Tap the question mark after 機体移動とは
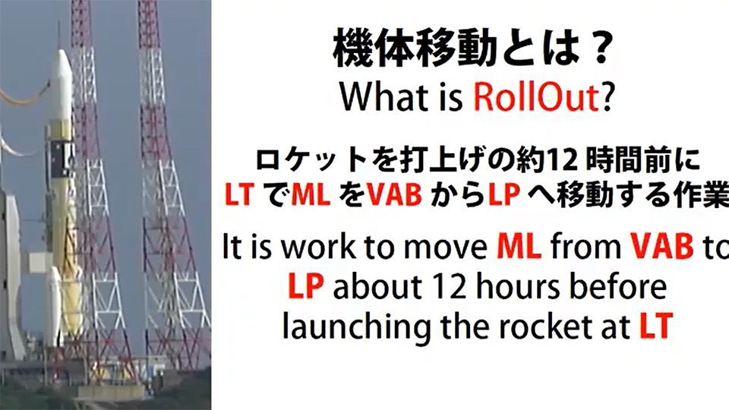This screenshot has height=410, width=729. pyautogui.click(x=600, y=49)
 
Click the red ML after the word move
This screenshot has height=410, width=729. pyautogui.click(x=519, y=246)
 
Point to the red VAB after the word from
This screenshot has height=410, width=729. pyautogui.click(x=662, y=246)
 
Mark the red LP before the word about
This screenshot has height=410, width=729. pyautogui.click(x=305, y=286)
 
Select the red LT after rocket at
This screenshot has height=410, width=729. pyautogui.click(x=656, y=326)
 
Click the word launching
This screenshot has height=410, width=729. pyautogui.click(x=357, y=329)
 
